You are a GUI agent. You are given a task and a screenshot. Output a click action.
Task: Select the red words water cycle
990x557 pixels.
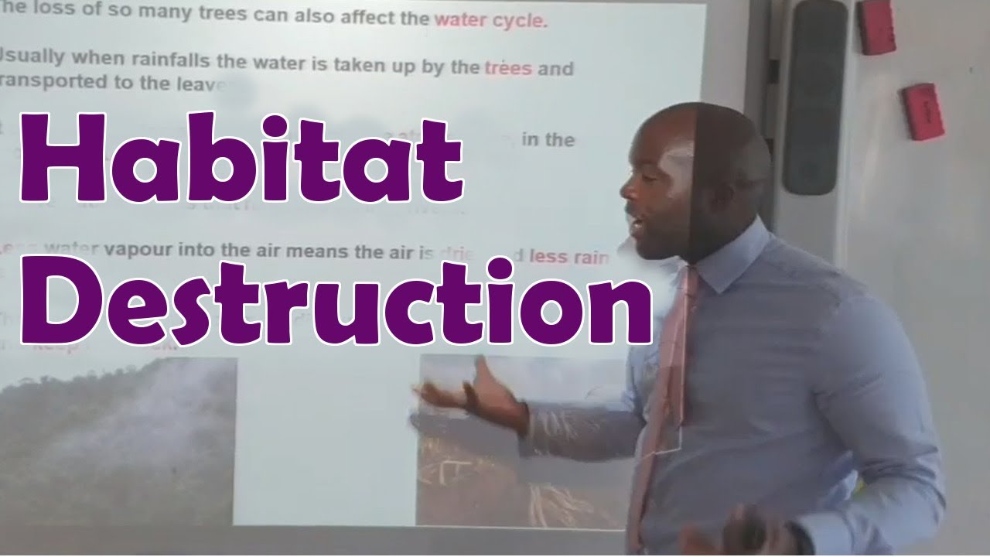click(490, 20)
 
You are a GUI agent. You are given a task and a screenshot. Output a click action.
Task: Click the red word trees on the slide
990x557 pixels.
click(508, 68)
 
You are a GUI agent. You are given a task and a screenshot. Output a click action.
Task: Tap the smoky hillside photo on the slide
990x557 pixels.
click(116, 441)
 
